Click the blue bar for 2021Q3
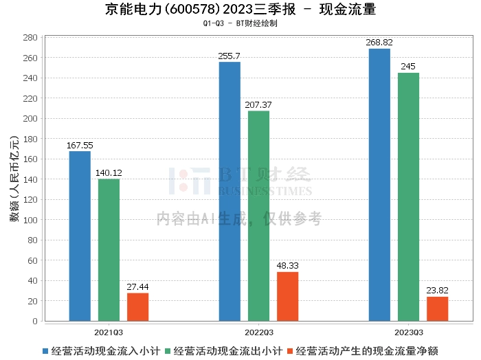pos(80,236)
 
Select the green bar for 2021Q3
pos(109,249)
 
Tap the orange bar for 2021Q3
pos(137,306)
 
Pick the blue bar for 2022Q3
pos(230,191)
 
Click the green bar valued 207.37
pos(258,216)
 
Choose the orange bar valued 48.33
pos(287,296)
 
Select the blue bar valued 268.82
pos(379,184)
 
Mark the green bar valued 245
pos(408,196)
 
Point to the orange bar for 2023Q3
pos(437,308)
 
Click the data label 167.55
pos(80,146)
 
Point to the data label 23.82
pos(437,291)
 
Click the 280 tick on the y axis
pos(31,38)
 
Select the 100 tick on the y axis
pos(31,220)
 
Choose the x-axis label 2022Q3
pos(258,331)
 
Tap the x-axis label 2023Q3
pos(408,331)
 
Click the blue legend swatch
pos(45,351)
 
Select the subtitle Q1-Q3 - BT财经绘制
pos(240,23)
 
